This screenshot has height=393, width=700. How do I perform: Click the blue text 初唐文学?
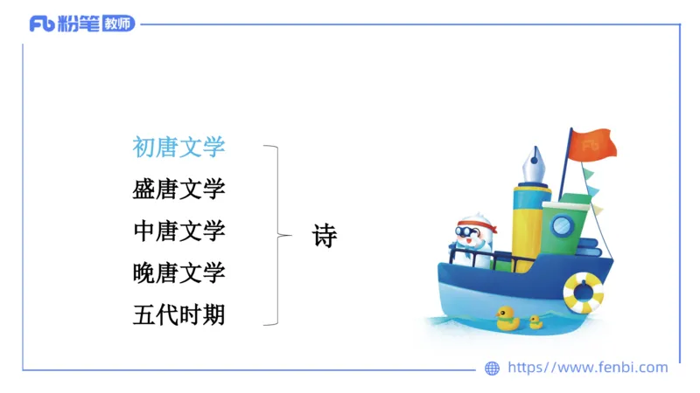(x=178, y=147)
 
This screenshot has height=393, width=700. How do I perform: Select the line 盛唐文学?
(x=178, y=189)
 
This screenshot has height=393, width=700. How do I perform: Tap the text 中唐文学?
(x=178, y=231)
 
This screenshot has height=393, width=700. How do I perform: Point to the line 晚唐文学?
(x=178, y=272)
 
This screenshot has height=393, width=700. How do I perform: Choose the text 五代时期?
(x=178, y=314)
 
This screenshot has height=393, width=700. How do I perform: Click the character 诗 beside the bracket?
(x=325, y=235)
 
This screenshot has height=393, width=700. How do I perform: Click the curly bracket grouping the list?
(x=280, y=235)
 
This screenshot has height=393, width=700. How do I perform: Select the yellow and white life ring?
(x=583, y=293)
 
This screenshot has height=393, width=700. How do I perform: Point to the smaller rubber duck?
(x=535, y=321)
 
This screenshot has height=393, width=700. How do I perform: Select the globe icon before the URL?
(x=492, y=369)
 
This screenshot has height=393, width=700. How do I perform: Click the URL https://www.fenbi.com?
(x=587, y=368)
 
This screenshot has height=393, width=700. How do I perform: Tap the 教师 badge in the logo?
(x=119, y=24)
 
